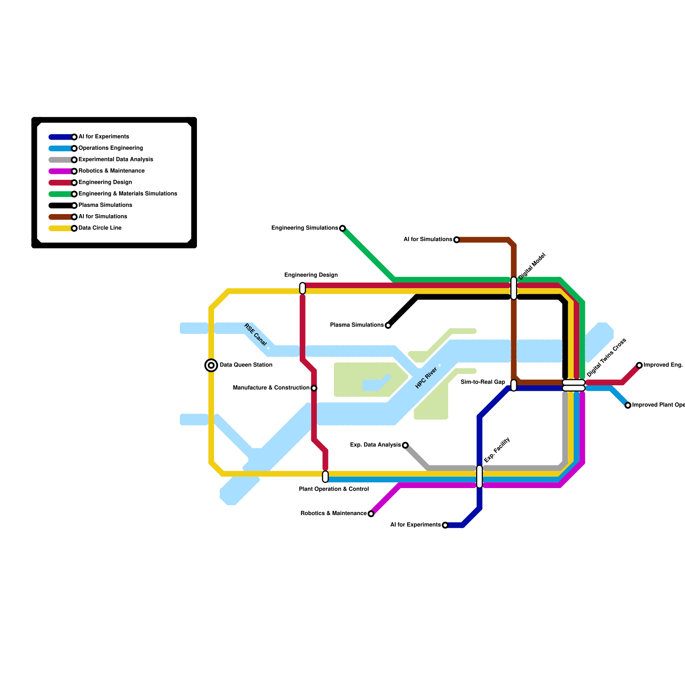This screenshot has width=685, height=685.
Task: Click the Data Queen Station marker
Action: coord(211,365)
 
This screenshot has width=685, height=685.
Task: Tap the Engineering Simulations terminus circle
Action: coord(342,228)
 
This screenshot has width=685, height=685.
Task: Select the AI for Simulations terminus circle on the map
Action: coord(456,240)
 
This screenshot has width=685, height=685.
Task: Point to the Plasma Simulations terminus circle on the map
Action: coord(388,325)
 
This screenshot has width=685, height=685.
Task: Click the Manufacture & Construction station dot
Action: coord(314,388)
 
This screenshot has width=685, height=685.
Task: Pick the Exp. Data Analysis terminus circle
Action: coord(405,445)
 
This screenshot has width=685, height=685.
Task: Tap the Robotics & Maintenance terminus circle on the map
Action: coord(371,514)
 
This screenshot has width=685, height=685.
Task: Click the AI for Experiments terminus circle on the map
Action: coord(445,525)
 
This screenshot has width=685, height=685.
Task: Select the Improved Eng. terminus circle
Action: coord(639,365)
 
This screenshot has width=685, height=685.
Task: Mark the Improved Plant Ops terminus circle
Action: coord(628,405)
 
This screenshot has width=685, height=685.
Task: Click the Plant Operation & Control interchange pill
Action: coord(325,477)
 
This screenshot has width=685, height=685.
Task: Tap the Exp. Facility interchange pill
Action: coord(479,477)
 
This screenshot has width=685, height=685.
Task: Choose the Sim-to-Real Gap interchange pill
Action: coord(514,385)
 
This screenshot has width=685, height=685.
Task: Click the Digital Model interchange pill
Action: coord(514,288)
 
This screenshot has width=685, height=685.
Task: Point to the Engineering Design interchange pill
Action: coord(302,288)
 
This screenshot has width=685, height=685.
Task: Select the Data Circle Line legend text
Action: coord(100,228)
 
